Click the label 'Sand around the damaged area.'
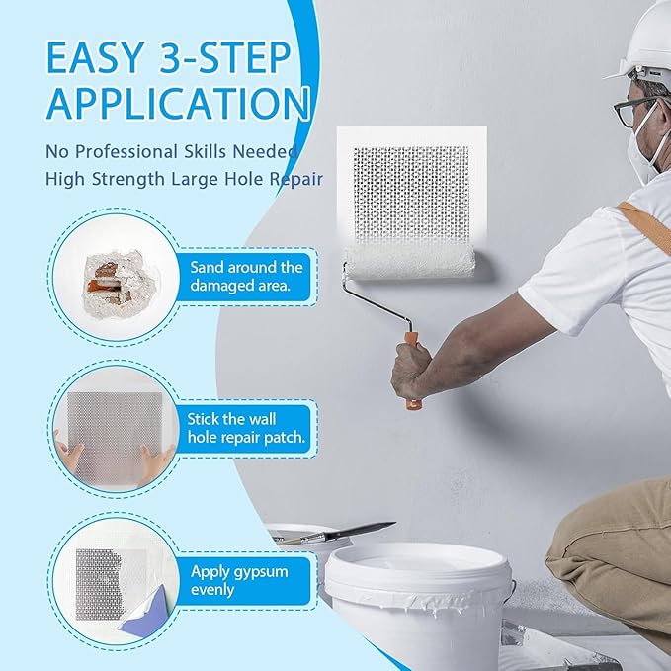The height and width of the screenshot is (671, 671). point(247,276)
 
